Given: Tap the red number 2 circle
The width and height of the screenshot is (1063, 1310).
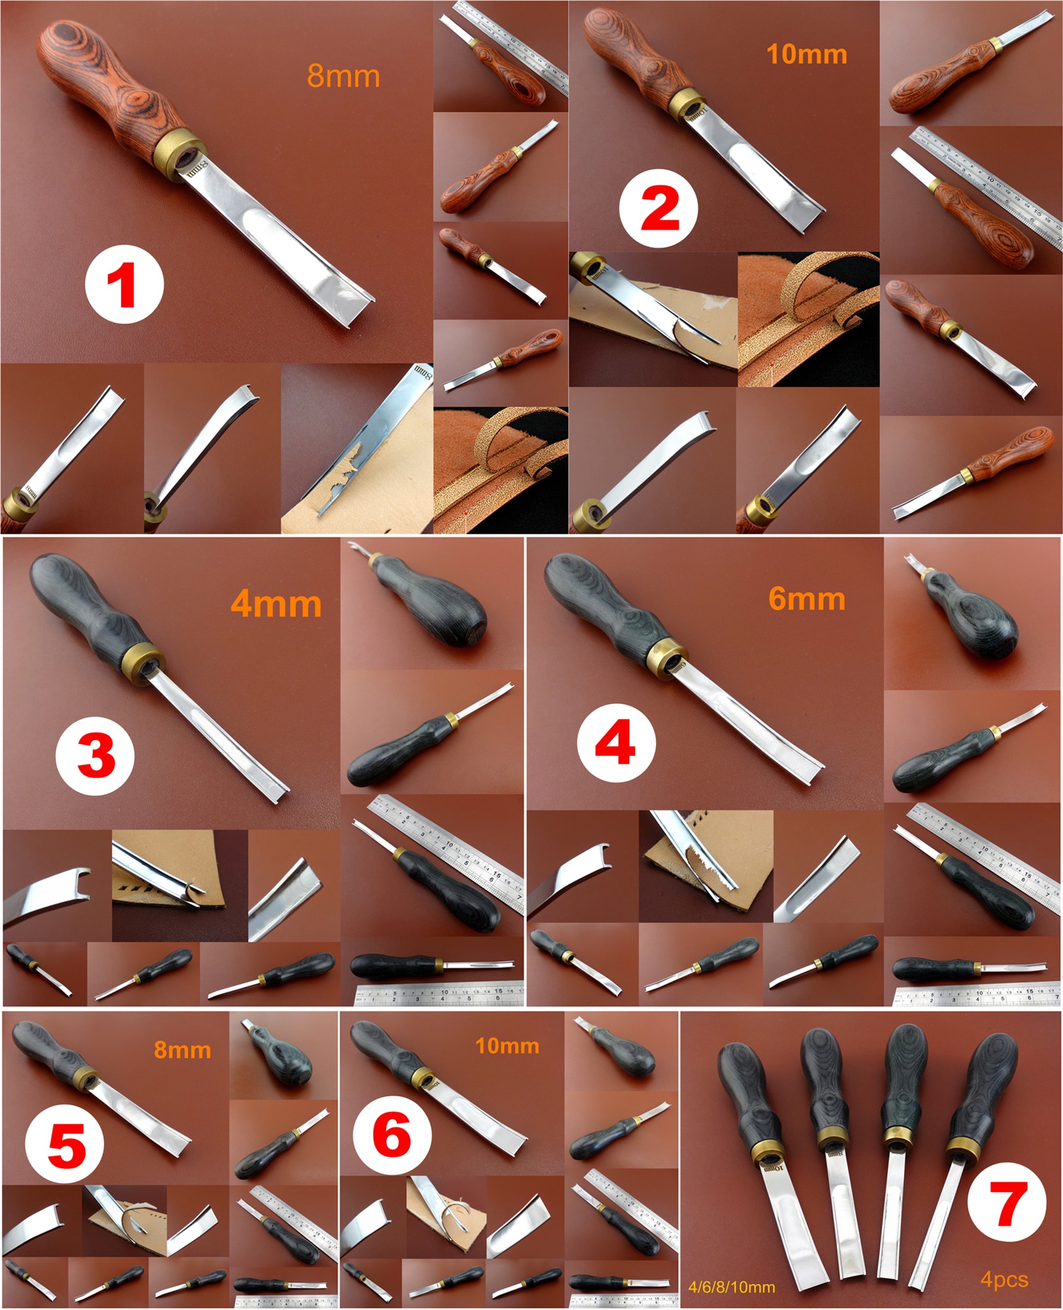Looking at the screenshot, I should [659, 210].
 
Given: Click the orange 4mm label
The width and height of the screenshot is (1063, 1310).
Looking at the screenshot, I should [276, 604].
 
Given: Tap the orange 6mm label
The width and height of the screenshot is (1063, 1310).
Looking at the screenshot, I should [806, 599].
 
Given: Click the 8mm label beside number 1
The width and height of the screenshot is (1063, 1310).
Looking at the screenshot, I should [343, 77].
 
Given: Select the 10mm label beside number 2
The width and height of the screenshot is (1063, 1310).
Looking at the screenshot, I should [806, 54].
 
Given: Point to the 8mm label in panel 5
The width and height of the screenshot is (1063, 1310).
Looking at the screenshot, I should [182, 1050].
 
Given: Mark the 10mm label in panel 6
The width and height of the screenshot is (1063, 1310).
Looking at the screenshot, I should [507, 1045].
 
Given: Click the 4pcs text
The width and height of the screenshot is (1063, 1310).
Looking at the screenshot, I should [1004, 1279].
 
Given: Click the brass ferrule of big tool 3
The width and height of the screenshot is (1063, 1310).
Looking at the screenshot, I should [145, 659].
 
